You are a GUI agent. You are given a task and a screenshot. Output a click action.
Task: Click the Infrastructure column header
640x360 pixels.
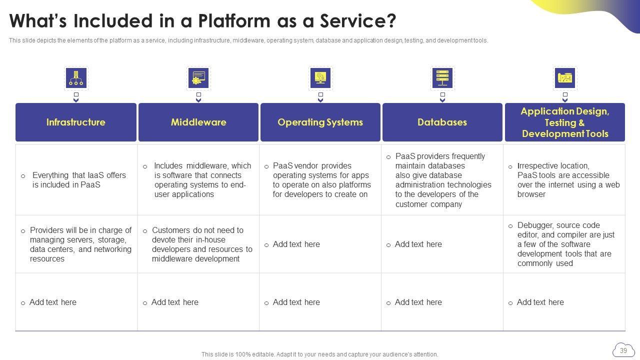click(76, 122)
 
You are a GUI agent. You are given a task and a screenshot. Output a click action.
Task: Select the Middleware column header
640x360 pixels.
click(198, 122)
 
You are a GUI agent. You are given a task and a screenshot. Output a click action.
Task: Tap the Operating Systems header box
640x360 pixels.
click(320, 122)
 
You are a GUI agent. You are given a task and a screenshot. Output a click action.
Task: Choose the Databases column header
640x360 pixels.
click(442, 122)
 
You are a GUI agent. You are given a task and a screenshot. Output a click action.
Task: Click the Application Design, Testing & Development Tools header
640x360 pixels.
click(565, 122)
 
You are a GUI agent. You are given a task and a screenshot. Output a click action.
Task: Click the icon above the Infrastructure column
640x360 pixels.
click(76, 78)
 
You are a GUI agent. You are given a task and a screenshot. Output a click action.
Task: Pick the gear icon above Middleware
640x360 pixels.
click(198, 78)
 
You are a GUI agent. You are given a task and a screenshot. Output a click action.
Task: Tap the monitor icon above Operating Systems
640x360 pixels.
click(320, 78)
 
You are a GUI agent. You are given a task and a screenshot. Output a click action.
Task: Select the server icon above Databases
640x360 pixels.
click(442, 78)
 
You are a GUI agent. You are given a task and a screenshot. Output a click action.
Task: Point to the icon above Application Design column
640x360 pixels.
click(565, 78)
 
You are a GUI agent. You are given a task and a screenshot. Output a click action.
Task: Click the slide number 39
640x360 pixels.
click(623, 350)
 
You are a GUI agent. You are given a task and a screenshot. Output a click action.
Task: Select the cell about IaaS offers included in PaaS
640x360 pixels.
click(76, 180)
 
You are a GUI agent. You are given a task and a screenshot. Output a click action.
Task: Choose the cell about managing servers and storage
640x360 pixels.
click(76, 244)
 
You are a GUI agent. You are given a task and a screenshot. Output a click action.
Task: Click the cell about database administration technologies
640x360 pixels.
click(442, 180)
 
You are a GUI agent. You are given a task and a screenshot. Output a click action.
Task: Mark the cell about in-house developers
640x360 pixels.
click(198, 244)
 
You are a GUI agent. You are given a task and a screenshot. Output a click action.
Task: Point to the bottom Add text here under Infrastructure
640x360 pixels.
click(53, 302)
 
